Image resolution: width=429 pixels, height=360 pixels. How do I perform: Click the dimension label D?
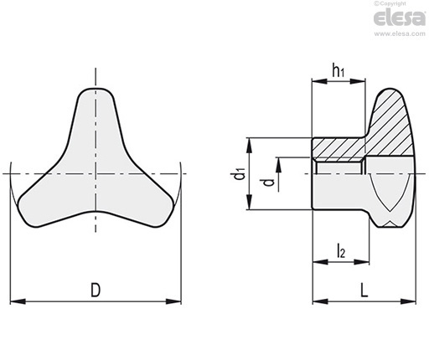point(96,290)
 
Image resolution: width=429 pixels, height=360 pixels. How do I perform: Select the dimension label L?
point(364,290)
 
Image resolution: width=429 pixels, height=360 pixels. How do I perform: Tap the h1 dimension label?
point(339,70)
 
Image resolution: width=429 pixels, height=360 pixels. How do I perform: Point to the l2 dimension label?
point(341,250)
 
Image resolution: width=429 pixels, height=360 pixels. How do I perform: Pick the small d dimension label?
point(269,183)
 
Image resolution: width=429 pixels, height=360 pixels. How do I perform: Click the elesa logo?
point(400,18)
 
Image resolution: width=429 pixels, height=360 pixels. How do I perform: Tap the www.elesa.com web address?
point(400,33)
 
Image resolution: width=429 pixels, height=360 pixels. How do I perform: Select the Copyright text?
point(390,3)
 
